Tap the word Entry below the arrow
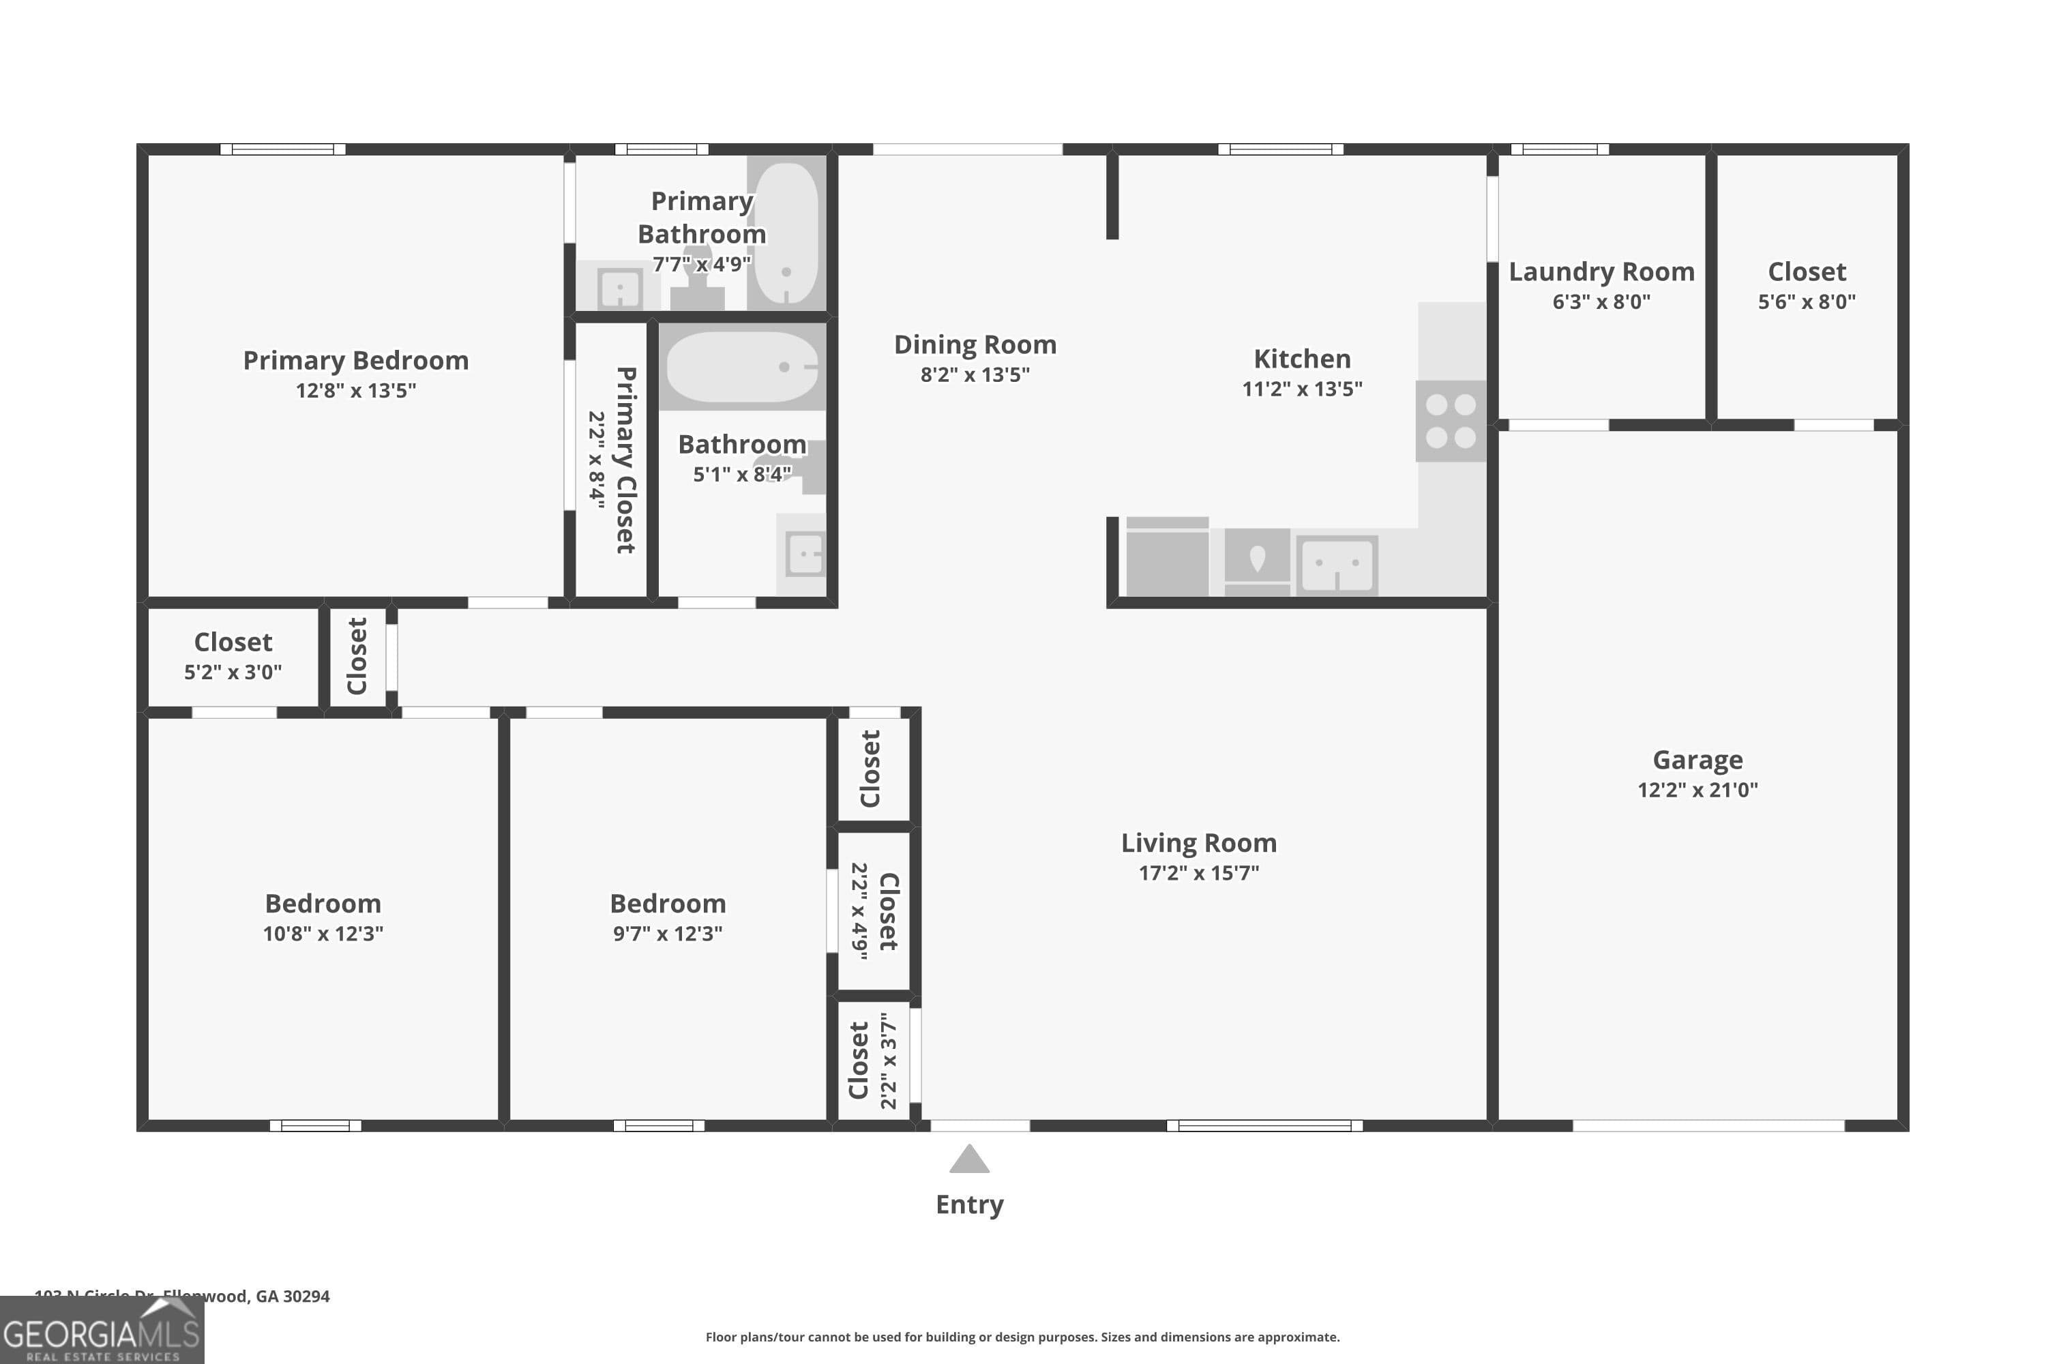point(969,1205)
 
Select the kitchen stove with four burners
point(1450,420)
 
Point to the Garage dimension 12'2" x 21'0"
point(1697,790)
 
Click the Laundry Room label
point(1601,272)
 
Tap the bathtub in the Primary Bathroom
point(786,233)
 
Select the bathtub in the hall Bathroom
point(742,366)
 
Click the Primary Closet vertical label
point(625,460)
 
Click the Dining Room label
point(975,345)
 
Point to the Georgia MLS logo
point(102,1332)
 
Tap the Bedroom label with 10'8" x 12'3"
point(323,904)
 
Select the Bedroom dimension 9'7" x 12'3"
point(667,934)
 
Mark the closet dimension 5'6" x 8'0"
point(1806,302)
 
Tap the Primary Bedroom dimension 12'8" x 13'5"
point(356,391)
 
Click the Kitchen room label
point(1301,359)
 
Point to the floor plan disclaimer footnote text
point(1022,1337)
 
